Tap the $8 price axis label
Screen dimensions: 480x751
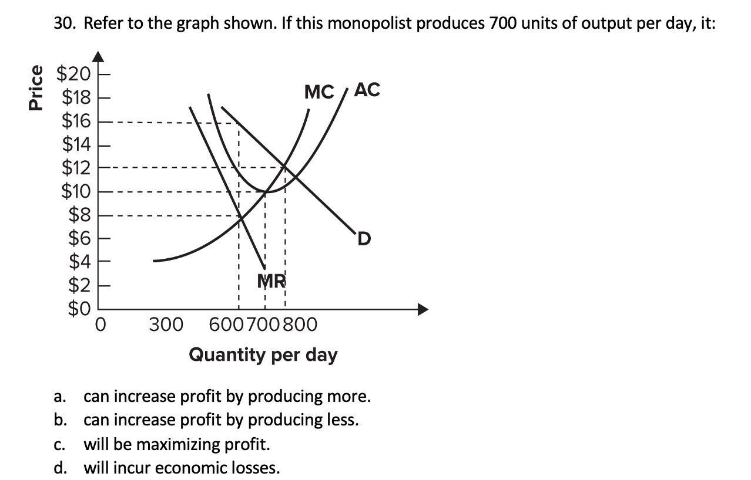[x=79, y=215]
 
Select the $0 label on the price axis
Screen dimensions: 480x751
[x=79, y=308]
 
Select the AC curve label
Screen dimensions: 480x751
[x=368, y=90]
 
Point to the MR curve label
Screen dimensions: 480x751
[x=271, y=282]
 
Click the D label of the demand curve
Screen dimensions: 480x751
[x=364, y=239]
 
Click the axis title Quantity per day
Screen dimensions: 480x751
[x=263, y=354]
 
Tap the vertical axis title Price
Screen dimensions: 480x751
[x=36, y=87]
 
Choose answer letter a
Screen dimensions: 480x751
[x=59, y=397]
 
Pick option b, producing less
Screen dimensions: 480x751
[x=220, y=420]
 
